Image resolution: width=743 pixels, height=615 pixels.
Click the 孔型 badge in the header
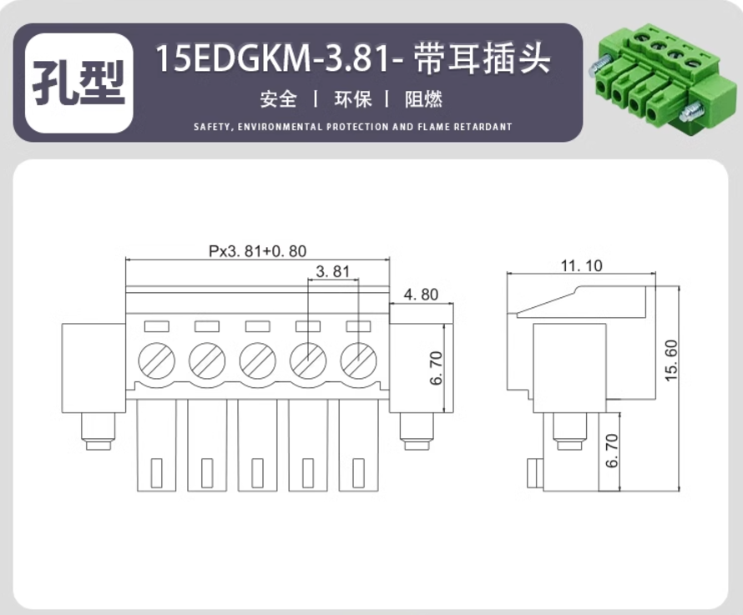point(78,83)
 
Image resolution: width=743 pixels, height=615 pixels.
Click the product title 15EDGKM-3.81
point(280,58)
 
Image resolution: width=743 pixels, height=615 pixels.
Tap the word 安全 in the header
point(278,99)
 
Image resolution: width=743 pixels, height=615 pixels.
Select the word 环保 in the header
point(353,99)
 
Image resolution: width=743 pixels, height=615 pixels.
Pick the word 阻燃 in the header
point(423,99)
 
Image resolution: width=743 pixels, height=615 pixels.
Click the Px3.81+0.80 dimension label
point(258,250)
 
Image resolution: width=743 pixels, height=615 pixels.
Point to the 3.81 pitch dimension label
point(332,271)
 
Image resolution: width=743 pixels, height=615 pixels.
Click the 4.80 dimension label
point(421,295)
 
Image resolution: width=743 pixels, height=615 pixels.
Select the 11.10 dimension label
point(581,266)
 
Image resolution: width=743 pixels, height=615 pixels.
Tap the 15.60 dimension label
point(671,360)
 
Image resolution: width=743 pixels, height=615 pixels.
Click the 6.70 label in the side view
point(612,450)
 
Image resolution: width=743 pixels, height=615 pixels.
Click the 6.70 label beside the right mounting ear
point(436,368)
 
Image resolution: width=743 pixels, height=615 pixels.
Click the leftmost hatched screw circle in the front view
point(156,360)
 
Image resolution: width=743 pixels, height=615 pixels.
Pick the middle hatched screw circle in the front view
point(257,360)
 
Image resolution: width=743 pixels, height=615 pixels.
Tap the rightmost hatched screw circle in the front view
point(358,360)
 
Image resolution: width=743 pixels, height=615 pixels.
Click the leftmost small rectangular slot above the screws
point(156,326)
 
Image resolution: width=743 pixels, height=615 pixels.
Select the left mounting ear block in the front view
point(94,368)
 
